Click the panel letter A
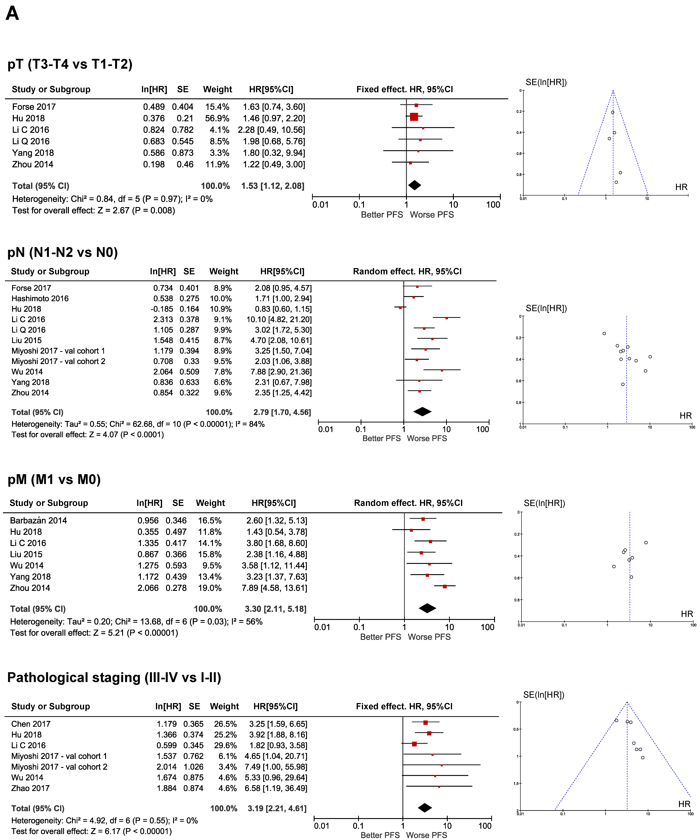12,14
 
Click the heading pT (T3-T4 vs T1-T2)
70,64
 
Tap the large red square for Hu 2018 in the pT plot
414,117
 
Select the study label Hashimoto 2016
40,298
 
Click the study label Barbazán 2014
38,520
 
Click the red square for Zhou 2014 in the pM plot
445,586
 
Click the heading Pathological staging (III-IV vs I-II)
114,678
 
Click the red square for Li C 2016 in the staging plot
414,744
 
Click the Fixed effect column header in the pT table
405,89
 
